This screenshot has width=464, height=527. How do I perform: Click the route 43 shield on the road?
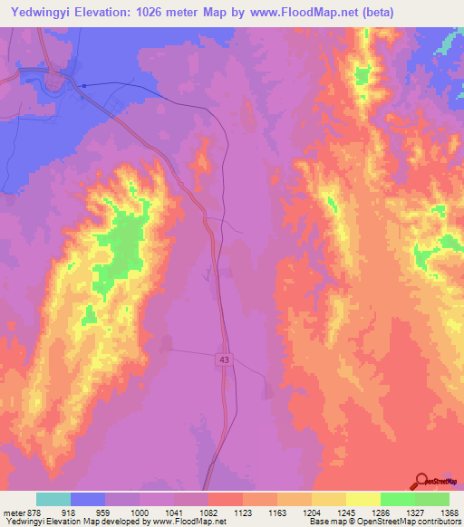click(x=222, y=360)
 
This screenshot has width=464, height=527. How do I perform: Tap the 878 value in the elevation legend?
click(x=34, y=512)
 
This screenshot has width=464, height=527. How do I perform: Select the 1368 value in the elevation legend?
click(x=449, y=512)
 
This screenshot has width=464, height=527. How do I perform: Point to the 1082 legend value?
click(x=208, y=512)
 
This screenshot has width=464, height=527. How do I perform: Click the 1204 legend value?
click(x=311, y=512)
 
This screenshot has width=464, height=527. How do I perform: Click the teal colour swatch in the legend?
click(x=53, y=499)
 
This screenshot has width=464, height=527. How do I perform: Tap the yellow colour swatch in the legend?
click(x=362, y=499)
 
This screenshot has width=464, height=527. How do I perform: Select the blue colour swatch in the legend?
click(x=88, y=499)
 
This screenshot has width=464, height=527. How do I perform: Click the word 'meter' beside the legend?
click(x=13, y=512)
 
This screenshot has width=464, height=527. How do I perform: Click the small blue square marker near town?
click(x=82, y=86)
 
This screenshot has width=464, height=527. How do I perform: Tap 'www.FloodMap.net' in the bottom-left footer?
click(x=190, y=522)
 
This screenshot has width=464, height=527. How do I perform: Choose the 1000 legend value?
click(x=139, y=512)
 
